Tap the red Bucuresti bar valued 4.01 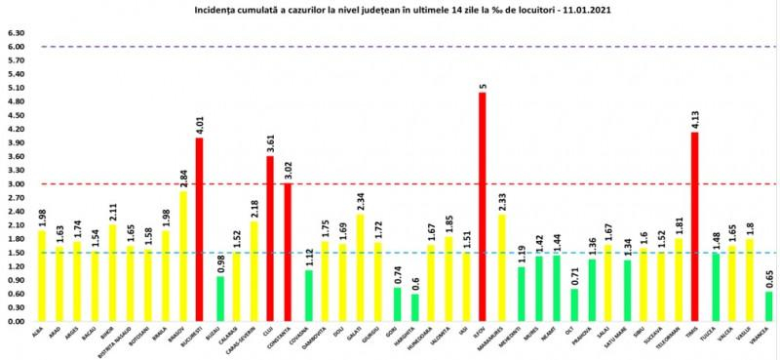coord(201,229)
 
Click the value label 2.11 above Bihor coord(112,206)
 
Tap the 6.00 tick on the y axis coord(15,47)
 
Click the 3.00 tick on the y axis coord(15,183)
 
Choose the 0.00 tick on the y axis coord(15,321)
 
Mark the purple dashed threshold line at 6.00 coord(390,47)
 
